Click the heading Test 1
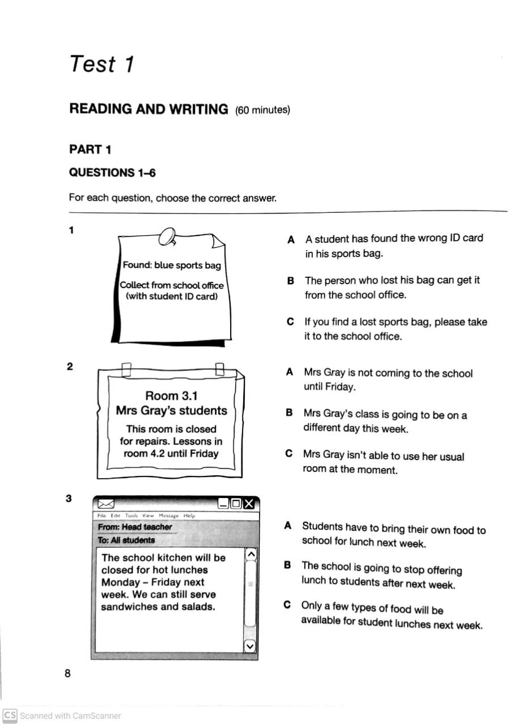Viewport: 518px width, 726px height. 101,64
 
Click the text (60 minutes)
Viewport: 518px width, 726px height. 262,110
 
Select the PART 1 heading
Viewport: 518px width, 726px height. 90,150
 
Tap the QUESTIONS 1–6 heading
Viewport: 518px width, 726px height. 112,172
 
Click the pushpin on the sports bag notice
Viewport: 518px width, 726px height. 168,235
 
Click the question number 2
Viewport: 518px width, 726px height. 70,366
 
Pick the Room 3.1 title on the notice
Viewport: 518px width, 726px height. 171,395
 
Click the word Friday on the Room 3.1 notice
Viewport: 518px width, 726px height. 204,453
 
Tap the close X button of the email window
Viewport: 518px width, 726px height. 250,504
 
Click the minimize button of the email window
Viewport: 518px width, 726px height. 223,504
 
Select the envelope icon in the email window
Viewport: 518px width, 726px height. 106,504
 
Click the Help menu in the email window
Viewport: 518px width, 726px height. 189,516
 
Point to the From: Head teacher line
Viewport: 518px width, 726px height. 135,527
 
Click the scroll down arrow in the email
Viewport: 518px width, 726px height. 250,645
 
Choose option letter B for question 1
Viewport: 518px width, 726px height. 290,281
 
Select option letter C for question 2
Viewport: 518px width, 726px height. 289,454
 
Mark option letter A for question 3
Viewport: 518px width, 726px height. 288,526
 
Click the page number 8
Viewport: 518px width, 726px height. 67,674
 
